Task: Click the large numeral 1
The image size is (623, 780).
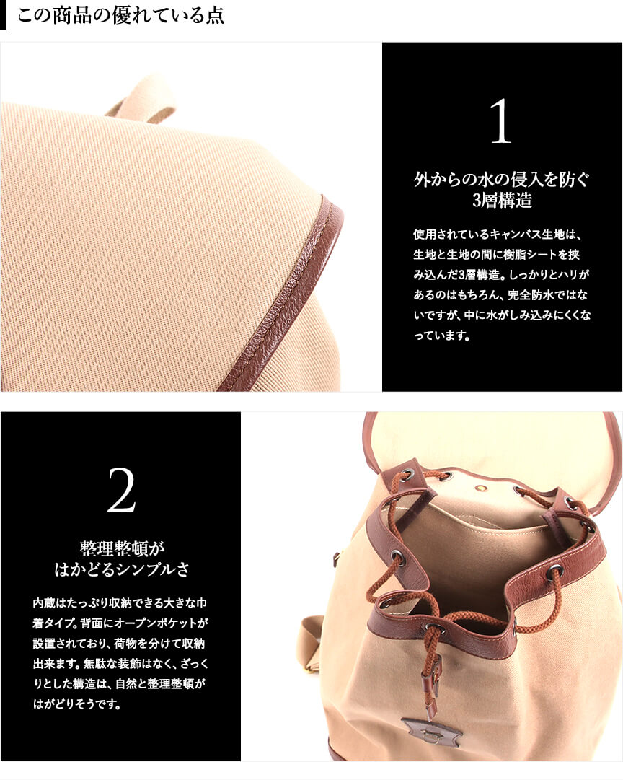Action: (x=501, y=121)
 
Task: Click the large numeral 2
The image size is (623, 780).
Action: (x=121, y=490)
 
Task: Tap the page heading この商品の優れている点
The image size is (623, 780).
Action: (x=120, y=15)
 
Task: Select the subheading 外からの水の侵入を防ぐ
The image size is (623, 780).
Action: (x=502, y=180)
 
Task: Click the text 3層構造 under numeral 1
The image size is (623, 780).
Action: (x=502, y=200)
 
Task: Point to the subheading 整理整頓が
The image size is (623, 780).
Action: (x=122, y=548)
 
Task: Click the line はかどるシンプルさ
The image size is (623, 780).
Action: (x=122, y=569)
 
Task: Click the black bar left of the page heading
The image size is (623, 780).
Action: (x=3, y=15)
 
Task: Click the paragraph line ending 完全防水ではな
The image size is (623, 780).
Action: (x=500, y=295)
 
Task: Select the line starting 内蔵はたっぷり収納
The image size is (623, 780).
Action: (x=120, y=603)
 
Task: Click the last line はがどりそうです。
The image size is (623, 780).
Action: (x=76, y=704)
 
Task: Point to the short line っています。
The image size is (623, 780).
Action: (x=441, y=336)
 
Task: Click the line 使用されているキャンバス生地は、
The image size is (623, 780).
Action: (x=498, y=235)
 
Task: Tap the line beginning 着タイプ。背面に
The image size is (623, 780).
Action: (x=120, y=623)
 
